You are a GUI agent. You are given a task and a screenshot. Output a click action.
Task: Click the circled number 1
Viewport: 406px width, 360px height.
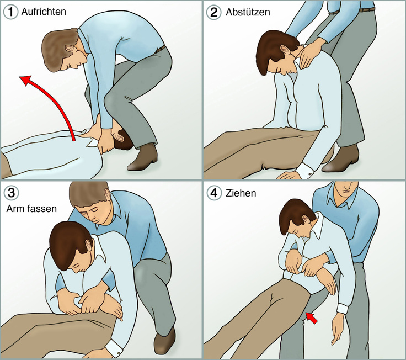tap(10, 12)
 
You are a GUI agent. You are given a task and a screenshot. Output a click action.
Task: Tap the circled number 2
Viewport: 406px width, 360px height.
tap(213, 12)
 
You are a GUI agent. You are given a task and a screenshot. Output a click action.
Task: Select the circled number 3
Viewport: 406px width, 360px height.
tap(11, 193)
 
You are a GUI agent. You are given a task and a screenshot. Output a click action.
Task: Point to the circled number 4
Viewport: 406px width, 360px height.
tap(214, 193)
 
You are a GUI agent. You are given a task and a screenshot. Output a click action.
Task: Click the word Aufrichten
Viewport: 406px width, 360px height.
tap(44, 12)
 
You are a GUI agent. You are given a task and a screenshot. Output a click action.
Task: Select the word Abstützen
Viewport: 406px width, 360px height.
tap(248, 12)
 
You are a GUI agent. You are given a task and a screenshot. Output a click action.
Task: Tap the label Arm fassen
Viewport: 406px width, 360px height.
tap(31, 209)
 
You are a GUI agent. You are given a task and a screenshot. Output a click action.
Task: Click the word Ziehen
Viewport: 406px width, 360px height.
tap(241, 193)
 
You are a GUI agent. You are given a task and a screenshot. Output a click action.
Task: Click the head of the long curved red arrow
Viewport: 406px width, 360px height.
tap(26, 80)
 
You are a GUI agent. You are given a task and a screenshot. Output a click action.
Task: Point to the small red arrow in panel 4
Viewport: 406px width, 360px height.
tap(312, 318)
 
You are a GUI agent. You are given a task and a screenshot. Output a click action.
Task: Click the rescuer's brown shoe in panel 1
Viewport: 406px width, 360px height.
tap(143, 158)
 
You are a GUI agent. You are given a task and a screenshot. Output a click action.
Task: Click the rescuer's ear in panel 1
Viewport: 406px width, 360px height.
tap(71, 49)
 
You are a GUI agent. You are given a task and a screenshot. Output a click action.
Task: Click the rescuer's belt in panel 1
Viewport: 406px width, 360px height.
tap(160, 49)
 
